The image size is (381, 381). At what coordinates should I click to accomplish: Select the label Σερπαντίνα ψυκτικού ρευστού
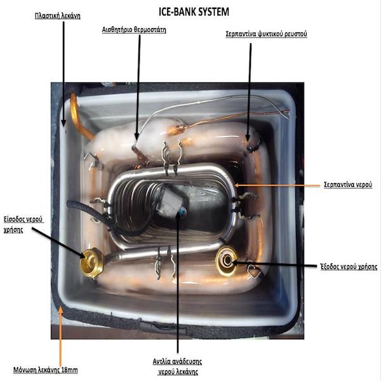(267, 33)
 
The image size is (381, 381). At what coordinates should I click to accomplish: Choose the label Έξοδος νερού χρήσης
(349, 267)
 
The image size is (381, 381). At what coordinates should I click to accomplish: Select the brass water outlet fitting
(227, 261)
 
